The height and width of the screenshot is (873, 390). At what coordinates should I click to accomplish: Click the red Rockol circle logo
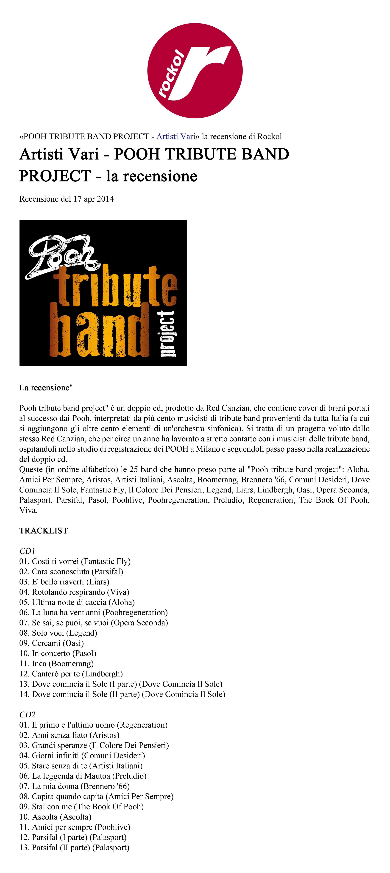(x=195, y=70)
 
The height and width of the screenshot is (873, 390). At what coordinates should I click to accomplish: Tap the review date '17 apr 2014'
(x=94, y=199)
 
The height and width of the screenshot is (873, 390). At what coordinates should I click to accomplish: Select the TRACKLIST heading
(x=43, y=531)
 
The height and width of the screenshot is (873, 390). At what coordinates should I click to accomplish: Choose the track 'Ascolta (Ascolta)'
(x=55, y=817)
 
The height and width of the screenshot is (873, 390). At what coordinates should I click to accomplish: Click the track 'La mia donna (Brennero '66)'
(x=75, y=786)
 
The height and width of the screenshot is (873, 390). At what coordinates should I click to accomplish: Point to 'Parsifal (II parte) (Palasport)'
(x=75, y=848)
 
